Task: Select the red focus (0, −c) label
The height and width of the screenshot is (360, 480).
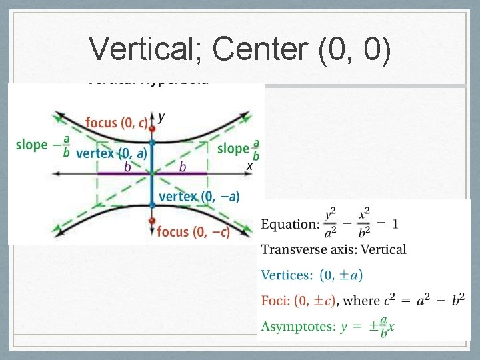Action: [193, 231]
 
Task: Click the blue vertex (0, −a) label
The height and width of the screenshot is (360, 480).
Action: [199, 196]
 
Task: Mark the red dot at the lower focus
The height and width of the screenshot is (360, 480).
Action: [153, 221]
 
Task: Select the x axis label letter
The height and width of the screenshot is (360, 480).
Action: [249, 165]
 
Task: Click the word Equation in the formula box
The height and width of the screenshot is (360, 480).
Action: [290, 224]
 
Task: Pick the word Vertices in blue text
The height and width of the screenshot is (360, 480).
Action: [287, 275]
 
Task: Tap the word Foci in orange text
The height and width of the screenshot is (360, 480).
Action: [275, 300]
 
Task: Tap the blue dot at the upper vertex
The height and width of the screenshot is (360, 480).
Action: [153, 143]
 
